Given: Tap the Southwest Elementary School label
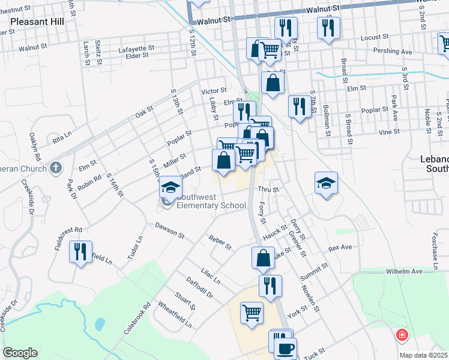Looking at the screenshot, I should pos(211,206).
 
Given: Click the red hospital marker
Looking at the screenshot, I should pos(400,335).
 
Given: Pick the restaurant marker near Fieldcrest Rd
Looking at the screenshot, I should pos(80,250).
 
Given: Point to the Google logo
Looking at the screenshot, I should pos(20,353).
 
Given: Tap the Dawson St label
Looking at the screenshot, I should pos(169,231).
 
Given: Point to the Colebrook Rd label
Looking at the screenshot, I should pos(136,318).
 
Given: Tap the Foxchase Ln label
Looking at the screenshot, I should pos(435,244).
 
